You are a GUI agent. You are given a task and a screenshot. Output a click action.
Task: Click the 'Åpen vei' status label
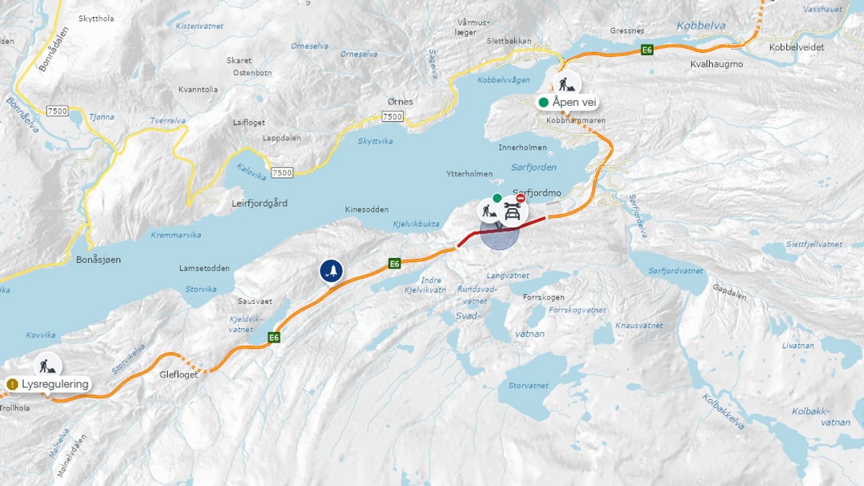pos(568,102)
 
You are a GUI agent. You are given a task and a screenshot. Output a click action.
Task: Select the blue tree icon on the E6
pos(331,271)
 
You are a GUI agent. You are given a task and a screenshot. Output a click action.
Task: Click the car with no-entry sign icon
pos(512,210)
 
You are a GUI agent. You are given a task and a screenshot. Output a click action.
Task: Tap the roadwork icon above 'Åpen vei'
pos(567,84)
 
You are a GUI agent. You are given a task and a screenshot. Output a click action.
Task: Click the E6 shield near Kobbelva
pos(647,50)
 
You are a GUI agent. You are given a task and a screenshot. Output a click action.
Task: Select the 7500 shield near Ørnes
pos(392,116)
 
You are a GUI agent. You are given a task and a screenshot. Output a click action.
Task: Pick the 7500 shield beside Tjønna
pos(55,110)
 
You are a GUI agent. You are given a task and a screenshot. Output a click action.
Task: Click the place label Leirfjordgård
pos(260,204)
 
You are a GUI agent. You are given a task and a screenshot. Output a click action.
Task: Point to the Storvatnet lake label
pos(528,386)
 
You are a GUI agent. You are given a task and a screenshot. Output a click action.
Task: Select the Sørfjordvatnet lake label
pos(675,271)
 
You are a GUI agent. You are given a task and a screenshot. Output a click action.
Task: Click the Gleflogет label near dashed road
pos(178,374)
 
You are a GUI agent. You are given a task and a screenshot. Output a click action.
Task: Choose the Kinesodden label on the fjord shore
pos(366,210)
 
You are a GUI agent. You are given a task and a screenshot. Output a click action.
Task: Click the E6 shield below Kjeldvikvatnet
pos(274,337)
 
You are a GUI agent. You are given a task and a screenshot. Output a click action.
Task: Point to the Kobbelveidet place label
pos(796,47)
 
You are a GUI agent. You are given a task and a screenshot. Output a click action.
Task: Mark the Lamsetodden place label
pos(204,269)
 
